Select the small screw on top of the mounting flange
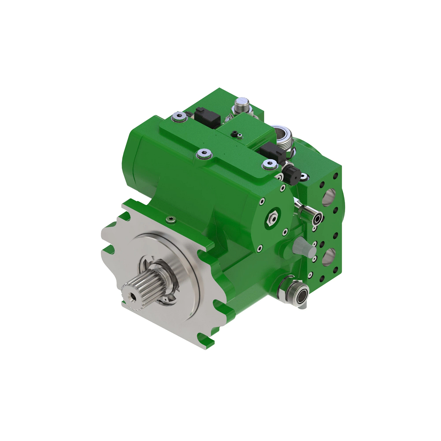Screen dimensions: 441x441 click(x=171, y=220)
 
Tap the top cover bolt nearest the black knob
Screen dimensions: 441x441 click(x=269, y=165)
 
